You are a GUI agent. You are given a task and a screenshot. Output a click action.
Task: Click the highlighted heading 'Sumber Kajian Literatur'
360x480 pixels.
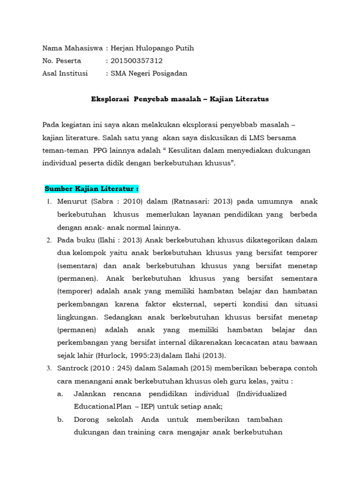pyautogui.click(x=91, y=189)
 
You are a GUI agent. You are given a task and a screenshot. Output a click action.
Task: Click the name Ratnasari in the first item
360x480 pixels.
pyautogui.click(x=193, y=202)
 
